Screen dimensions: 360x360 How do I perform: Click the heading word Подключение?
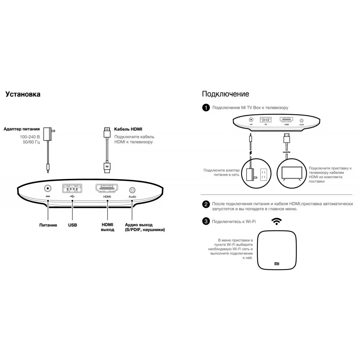(x=225, y=94)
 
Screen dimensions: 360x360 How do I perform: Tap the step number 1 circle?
(x=206, y=108)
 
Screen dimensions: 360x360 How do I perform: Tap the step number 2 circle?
(x=206, y=204)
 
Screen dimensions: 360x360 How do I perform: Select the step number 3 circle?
(x=206, y=221)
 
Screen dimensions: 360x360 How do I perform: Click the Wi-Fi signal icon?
(x=276, y=221)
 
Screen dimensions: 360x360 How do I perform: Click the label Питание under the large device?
(x=48, y=225)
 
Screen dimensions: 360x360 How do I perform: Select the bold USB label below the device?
(x=72, y=225)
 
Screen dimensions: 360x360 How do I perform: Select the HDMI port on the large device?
(x=107, y=189)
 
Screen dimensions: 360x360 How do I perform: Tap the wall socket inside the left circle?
(x=264, y=175)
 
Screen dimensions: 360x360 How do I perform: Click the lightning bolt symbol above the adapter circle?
(x=251, y=153)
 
